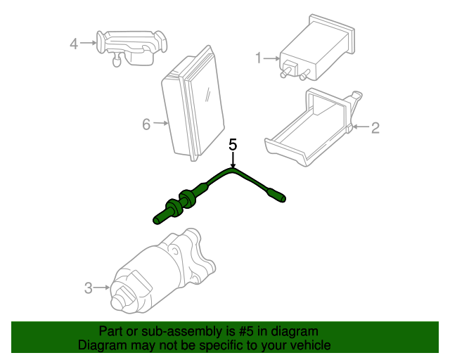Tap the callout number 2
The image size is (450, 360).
tap(375, 127)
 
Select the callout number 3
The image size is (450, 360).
tap(89, 287)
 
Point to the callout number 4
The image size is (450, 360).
tap(74, 44)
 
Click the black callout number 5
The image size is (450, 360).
tap(233, 145)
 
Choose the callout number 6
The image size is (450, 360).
tap(146, 124)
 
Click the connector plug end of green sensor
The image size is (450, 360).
tap(280, 197)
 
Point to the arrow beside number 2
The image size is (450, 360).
tap(360, 127)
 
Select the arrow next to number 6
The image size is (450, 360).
tap(161, 124)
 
